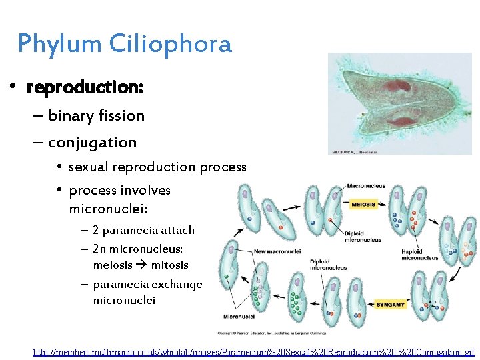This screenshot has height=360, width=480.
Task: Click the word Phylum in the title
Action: click(59, 44)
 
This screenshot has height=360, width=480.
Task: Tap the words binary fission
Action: click(96, 116)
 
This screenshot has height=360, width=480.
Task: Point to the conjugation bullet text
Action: click(92, 143)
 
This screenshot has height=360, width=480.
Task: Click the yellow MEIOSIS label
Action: click(363, 204)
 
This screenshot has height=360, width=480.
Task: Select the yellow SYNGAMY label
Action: click(390, 304)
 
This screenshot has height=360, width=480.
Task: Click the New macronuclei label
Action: click(277, 251)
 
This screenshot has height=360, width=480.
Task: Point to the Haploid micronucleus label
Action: click(420, 254)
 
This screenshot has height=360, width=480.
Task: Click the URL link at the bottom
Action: click(254, 351)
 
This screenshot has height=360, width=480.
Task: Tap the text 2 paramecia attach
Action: click(143, 231)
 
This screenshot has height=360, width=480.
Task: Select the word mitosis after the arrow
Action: click(169, 265)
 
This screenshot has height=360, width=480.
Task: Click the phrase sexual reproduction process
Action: click(157, 167)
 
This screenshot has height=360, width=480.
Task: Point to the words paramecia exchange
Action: click(147, 285)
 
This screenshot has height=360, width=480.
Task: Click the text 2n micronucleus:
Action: click(137, 249)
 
